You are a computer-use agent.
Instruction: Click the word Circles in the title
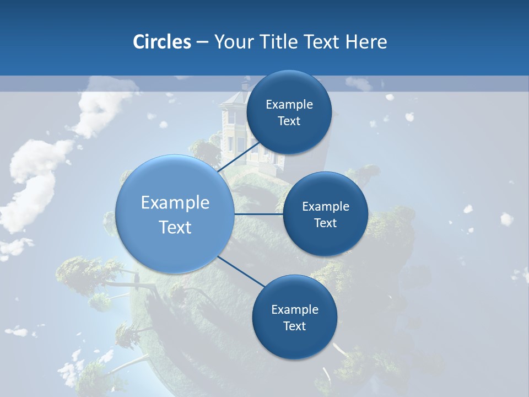pyautogui.click(x=162, y=42)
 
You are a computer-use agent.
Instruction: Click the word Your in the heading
pyautogui.click(x=234, y=42)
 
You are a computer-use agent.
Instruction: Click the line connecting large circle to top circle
pyautogui.click(x=238, y=158)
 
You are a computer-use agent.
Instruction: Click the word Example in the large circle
pyautogui.click(x=175, y=203)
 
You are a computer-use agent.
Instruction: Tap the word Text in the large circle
pyautogui.click(x=175, y=227)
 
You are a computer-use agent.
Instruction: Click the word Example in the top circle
pyautogui.click(x=289, y=105)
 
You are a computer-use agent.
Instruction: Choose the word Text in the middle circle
pyautogui.click(x=325, y=223)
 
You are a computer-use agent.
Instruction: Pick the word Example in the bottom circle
pyautogui.click(x=295, y=309)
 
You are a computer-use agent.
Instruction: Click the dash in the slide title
pyautogui.click(x=202, y=42)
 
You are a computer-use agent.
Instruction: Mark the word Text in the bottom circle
pyautogui.click(x=294, y=326)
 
